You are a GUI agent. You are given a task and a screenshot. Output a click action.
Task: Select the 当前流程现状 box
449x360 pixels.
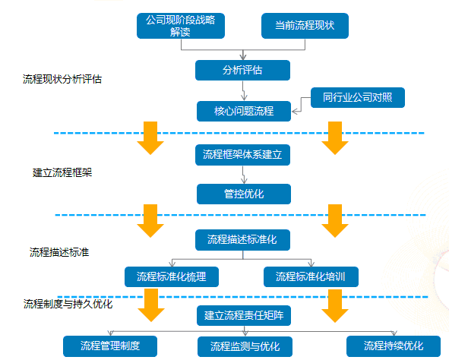click(x=305, y=25)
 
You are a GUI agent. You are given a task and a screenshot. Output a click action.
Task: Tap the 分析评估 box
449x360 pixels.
click(x=242, y=71)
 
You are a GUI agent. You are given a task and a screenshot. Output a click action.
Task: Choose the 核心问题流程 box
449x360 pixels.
click(x=242, y=112)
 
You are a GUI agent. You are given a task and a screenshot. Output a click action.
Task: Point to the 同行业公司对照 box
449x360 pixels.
click(x=358, y=98)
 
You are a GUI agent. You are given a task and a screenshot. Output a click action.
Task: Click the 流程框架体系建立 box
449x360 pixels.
click(x=242, y=154)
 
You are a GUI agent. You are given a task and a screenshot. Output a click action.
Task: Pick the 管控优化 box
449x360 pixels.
click(x=243, y=194)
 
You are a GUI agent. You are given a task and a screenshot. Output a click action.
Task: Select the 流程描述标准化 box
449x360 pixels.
click(x=242, y=240)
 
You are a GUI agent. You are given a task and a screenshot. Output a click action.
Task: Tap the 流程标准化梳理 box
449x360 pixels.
click(x=171, y=276)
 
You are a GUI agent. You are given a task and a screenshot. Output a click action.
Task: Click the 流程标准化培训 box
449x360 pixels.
click(x=311, y=276)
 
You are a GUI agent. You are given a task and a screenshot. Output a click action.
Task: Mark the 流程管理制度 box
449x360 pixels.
click(x=111, y=346)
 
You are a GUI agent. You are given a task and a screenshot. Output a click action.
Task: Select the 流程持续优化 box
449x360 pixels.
click(x=393, y=346)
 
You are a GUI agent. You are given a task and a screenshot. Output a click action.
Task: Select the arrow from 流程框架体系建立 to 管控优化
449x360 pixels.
click(x=243, y=174)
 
